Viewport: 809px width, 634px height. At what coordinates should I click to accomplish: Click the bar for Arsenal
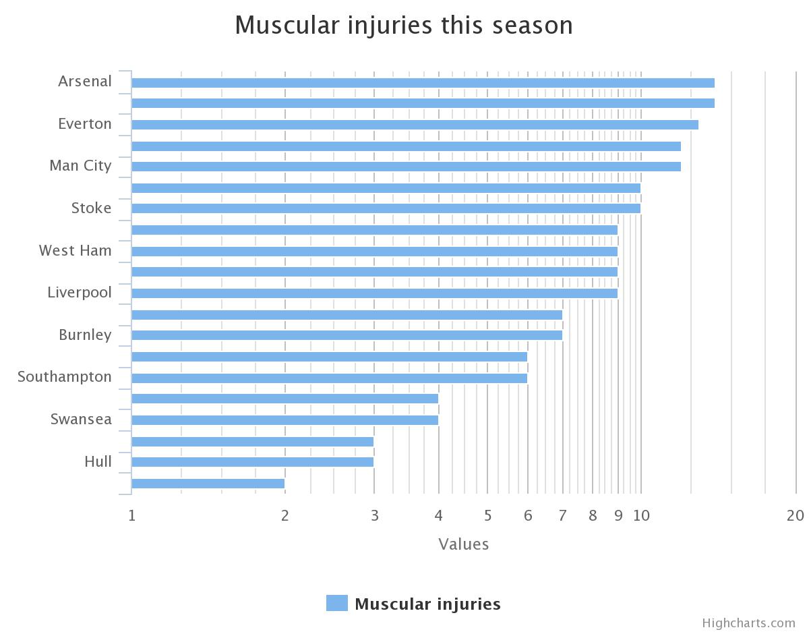(x=423, y=83)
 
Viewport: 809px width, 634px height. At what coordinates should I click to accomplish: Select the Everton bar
(x=415, y=125)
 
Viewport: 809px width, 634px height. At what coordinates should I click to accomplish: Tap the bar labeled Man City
(x=406, y=167)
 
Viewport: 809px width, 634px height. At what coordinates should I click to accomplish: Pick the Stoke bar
(x=386, y=208)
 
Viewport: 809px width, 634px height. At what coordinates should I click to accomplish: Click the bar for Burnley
(x=347, y=335)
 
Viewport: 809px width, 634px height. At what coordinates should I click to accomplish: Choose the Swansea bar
(x=284, y=420)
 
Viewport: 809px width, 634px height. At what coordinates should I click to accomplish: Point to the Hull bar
(x=252, y=462)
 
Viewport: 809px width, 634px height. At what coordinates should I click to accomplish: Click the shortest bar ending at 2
(x=208, y=484)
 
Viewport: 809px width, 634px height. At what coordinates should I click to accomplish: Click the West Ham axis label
(x=76, y=250)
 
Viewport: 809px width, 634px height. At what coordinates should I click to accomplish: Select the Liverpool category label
(x=80, y=293)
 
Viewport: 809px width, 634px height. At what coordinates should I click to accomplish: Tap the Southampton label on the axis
(x=65, y=376)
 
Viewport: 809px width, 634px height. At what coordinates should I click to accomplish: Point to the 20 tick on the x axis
(x=795, y=516)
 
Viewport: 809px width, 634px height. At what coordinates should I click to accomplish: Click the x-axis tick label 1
(x=132, y=516)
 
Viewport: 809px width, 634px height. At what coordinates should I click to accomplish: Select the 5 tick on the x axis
(x=487, y=516)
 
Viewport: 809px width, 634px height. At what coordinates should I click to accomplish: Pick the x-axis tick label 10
(x=641, y=516)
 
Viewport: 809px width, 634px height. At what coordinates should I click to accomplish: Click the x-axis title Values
(x=463, y=544)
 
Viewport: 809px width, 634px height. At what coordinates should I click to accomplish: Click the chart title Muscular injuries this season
(x=404, y=26)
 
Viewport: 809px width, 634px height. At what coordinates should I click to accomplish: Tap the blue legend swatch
(x=337, y=603)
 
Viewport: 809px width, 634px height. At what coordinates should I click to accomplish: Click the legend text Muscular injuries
(x=427, y=604)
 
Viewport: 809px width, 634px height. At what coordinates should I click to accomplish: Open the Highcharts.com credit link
(x=748, y=623)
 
